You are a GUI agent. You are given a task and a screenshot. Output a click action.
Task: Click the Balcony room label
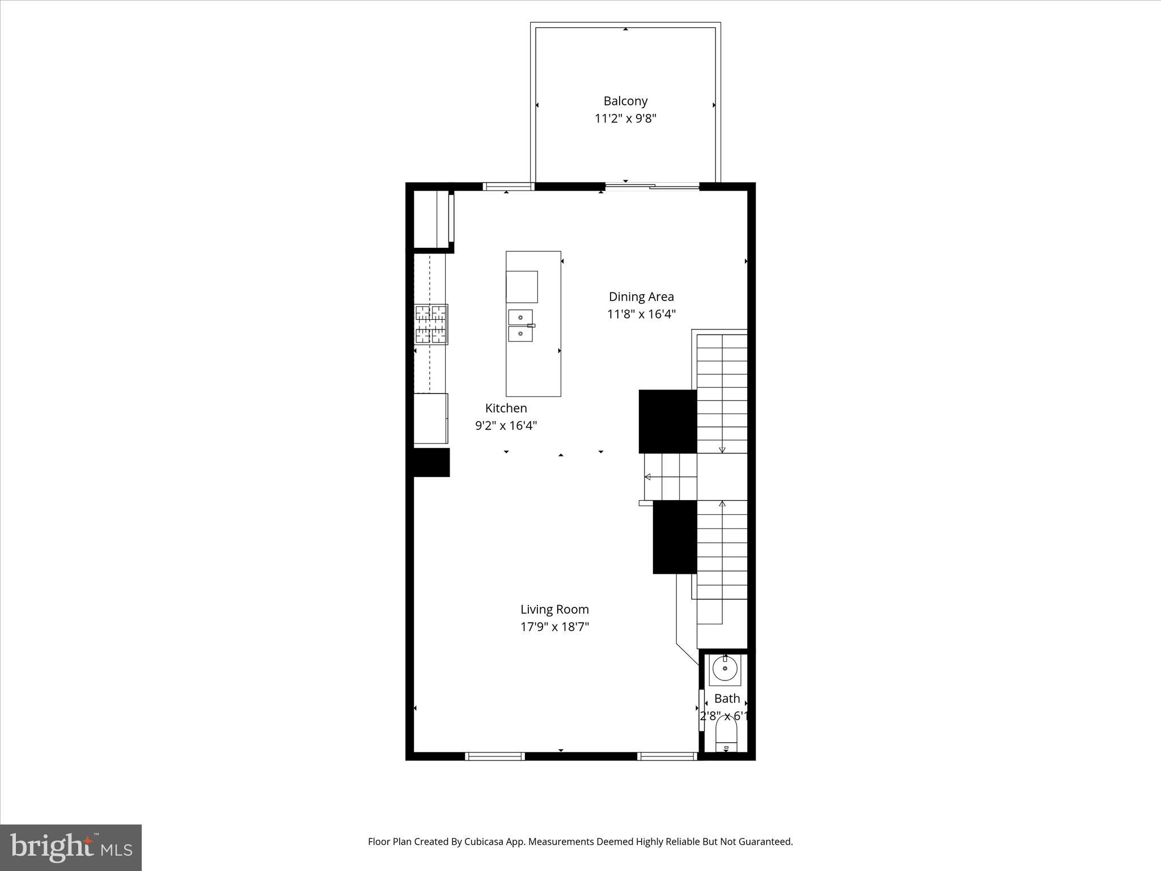coord(625,101)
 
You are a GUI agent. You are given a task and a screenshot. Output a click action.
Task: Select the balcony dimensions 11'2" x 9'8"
coord(625,119)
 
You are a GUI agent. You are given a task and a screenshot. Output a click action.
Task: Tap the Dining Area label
coord(641,297)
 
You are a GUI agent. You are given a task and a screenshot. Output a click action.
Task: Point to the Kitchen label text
coord(506,408)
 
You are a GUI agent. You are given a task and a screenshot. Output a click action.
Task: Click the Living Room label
coord(554,610)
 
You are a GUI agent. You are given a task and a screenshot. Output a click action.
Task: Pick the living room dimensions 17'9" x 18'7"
coord(554,627)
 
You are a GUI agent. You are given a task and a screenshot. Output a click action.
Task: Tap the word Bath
coord(727,699)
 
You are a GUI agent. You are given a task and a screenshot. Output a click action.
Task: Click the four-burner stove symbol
coord(431,324)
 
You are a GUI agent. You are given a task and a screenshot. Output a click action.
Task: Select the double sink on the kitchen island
coord(520,325)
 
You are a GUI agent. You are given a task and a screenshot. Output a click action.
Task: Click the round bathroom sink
coord(724,669)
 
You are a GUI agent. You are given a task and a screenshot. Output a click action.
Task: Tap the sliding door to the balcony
coord(652,185)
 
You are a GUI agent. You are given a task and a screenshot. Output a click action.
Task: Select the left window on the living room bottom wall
coord(494,756)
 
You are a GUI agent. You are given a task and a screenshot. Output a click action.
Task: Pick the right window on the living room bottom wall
coord(667,756)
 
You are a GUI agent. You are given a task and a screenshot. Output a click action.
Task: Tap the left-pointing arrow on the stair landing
coord(647,477)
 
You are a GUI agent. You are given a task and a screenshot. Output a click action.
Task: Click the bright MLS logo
coord(71,847)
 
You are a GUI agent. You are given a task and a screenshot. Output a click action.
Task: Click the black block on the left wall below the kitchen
coord(431,462)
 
